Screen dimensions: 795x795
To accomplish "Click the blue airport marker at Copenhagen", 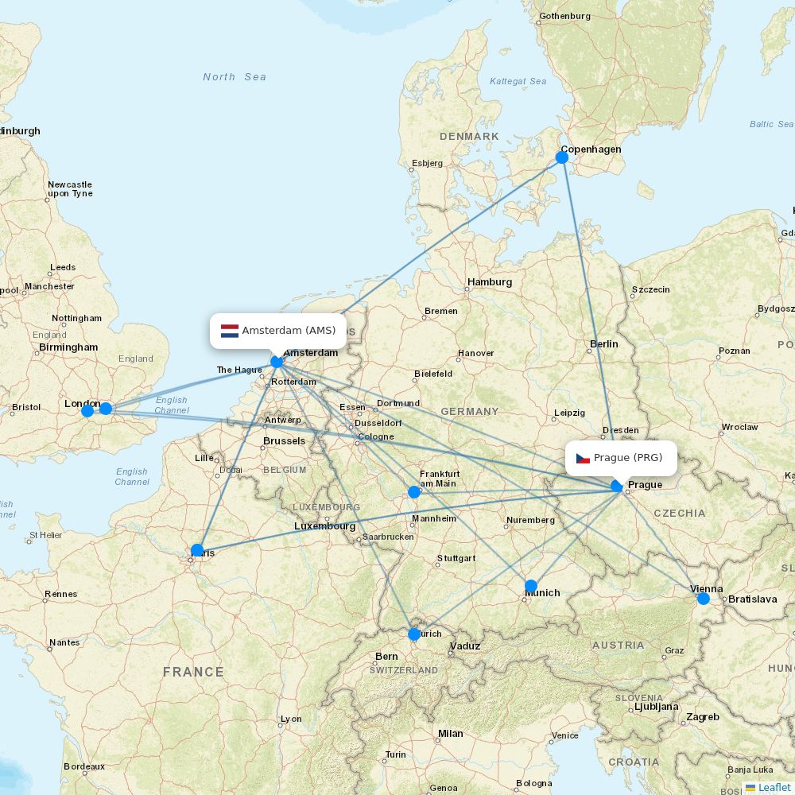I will pyautogui.click(x=562, y=157).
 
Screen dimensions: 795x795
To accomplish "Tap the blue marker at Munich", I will pyautogui.click(x=531, y=586).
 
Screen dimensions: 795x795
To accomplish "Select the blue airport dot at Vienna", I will pyautogui.click(x=704, y=598).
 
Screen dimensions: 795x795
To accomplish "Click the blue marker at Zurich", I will pyautogui.click(x=414, y=634).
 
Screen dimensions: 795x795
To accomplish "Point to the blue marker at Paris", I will pyautogui.click(x=197, y=550).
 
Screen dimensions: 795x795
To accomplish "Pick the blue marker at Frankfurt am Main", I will pyautogui.click(x=414, y=492).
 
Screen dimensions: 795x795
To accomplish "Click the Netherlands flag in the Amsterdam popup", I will pyautogui.click(x=230, y=331).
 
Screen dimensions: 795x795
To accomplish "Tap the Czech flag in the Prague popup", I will pyautogui.click(x=583, y=458).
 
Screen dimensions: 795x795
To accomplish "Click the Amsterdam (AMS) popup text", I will pyautogui.click(x=289, y=331).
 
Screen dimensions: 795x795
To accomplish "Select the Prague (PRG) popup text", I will pyautogui.click(x=628, y=458).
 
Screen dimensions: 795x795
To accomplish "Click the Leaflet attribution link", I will pyautogui.click(x=774, y=787).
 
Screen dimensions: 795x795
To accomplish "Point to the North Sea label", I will pyautogui.click(x=235, y=77).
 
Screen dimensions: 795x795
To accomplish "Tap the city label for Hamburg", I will pyautogui.click(x=490, y=282).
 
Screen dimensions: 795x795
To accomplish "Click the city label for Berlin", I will pyautogui.click(x=604, y=344).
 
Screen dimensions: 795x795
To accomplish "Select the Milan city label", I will pyautogui.click(x=451, y=734).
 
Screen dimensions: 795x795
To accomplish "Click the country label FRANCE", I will pyautogui.click(x=193, y=673).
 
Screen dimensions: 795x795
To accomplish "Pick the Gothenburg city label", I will pyautogui.click(x=565, y=16).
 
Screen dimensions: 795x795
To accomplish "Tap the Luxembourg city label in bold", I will pyautogui.click(x=324, y=526).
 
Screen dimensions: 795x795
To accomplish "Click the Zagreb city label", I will pyautogui.click(x=703, y=717).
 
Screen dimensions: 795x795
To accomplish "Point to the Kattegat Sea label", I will pyautogui.click(x=518, y=81).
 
